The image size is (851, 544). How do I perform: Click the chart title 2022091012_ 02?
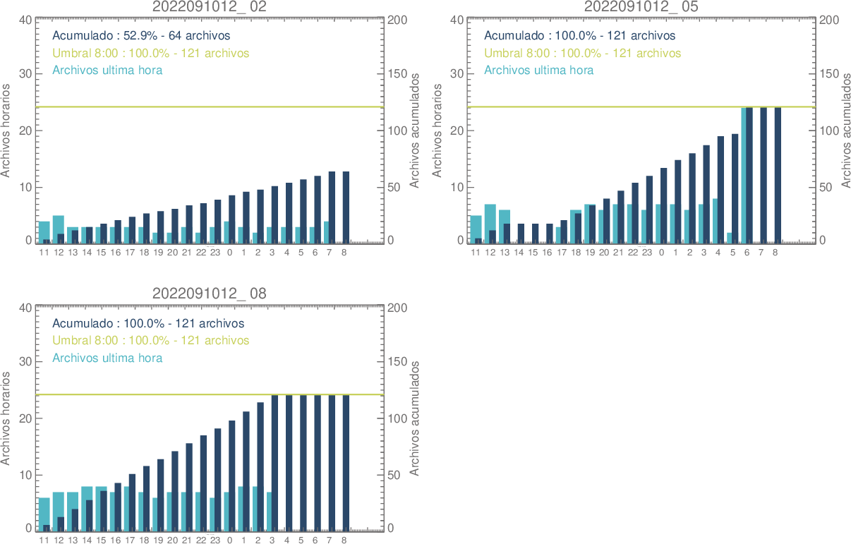(x=210, y=6)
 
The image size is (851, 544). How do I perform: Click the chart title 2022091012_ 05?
(x=641, y=6)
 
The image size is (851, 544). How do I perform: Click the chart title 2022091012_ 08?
(x=210, y=294)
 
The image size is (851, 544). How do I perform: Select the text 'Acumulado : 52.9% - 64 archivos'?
(x=141, y=35)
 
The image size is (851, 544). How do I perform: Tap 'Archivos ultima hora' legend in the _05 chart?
(x=538, y=70)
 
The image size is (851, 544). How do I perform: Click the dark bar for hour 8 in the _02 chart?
(x=345, y=207)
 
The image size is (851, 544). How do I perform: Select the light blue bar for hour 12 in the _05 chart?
(x=490, y=216)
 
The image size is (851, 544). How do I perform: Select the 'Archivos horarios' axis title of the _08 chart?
(x=6, y=418)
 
